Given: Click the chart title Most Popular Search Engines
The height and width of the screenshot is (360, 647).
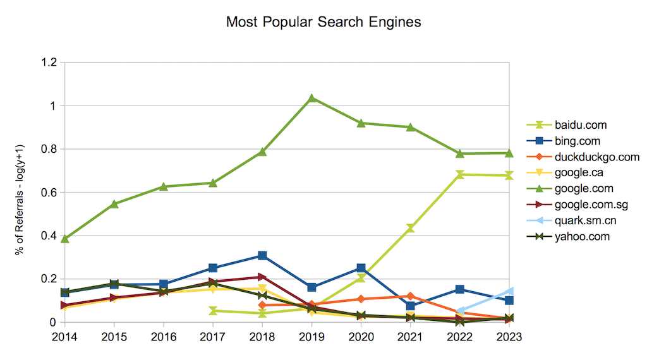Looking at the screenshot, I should pos(323,22).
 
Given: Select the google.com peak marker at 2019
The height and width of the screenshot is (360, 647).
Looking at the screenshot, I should pos(312,98).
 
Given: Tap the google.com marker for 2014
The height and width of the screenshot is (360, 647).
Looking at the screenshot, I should pos(65,239).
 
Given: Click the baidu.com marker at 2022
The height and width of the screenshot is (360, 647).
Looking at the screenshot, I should pos(460,174).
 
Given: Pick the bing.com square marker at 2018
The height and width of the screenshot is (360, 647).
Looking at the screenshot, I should pos(262,256).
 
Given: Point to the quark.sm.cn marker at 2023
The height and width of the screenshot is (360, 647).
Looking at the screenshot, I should pos(509,291).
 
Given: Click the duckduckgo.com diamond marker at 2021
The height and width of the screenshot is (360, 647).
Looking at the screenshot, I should pos(411,296).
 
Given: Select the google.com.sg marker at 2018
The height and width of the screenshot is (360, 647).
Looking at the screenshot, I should pos(262,277).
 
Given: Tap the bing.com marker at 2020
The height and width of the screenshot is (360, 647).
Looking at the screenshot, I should pos(361,268).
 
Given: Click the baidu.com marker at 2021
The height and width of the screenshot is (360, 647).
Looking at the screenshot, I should pos(411,228).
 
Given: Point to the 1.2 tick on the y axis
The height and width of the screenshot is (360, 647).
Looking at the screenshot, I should pos(49,63).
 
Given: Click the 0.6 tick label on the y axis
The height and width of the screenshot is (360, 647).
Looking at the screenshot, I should pos(49,192).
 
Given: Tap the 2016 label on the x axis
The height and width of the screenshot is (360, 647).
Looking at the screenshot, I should pos(164,337).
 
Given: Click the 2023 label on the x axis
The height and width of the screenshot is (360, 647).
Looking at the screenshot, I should pos(509,337).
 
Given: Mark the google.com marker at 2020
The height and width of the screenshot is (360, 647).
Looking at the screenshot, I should pos(361,123).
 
